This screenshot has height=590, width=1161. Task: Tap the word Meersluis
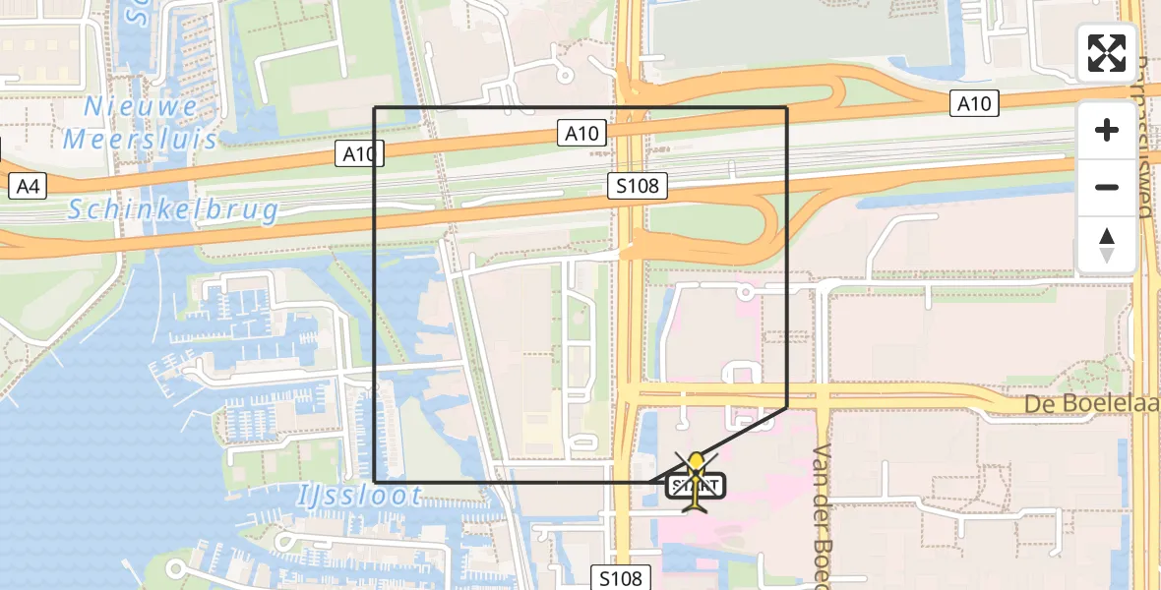pyautogui.click(x=140, y=139)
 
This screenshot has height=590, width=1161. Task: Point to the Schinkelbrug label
pyautogui.click(x=174, y=209)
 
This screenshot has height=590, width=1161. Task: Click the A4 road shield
pyautogui.click(x=27, y=185)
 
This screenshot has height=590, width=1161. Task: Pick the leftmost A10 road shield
pyautogui.click(x=358, y=153)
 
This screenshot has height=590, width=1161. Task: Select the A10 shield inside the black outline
pyautogui.click(x=581, y=133)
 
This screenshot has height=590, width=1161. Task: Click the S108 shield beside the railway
pyautogui.click(x=638, y=185)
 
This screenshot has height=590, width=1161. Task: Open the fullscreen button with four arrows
pyautogui.click(x=1107, y=53)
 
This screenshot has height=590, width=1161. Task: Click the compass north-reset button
pyautogui.click(x=1107, y=244)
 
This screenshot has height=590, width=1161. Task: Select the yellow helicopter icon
pyautogui.click(x=697, y=482)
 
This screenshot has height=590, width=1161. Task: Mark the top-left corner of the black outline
pyautogui.click(x=376, y=107)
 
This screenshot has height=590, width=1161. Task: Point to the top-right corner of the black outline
pyautogui.click(x=787, y=107)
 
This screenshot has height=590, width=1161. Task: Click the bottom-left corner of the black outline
pyautogui.click(x=376, y=482)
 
